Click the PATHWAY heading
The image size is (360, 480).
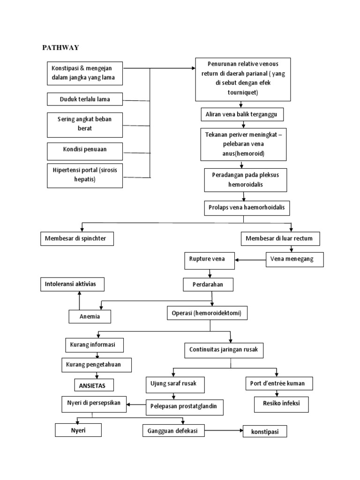[x=61, y=47]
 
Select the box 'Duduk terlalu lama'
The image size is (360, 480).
[x=85, y=99]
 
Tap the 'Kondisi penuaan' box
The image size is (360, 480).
[x=85, y=150]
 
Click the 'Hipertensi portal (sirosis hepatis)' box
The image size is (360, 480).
[x=85, y=174]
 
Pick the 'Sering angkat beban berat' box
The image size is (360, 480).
[x=85, y=124]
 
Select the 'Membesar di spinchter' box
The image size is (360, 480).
[x=76, y=239]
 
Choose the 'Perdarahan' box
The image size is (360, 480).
[x=208, y=285]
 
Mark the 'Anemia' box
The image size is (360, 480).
[x=90, y=317]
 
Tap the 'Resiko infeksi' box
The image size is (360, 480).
[x=281, y=403]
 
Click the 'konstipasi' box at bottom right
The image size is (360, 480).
[x=264, y=432]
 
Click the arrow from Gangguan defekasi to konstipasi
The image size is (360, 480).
[x=224, y=430]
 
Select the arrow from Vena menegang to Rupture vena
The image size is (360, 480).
[x=250, y=259]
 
